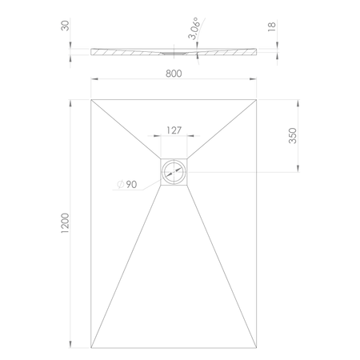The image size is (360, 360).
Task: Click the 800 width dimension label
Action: (174, 74)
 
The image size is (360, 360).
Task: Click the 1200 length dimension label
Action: (65, 223)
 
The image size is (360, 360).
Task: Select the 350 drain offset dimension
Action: (293, 135)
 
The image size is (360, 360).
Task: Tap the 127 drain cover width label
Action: (174, 130)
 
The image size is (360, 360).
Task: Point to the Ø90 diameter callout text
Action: (127, 184)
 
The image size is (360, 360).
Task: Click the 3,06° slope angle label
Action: (194, 28)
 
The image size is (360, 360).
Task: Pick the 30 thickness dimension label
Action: (65, 26)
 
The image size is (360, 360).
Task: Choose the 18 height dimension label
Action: (271, 27)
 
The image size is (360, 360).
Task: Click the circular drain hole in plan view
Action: (174, 172)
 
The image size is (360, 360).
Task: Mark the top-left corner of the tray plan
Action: (91, 100)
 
